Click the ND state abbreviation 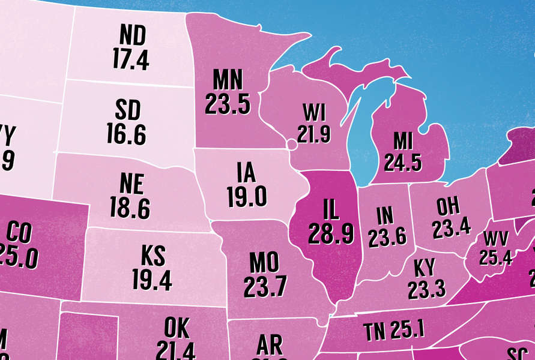coord(133,37)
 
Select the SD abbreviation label coord(127,112)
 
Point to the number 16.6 coord(126,135)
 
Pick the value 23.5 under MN coord(227,104)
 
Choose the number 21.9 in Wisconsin coord(313,134)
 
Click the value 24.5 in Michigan coord(404,163)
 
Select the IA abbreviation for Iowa coord(245,174)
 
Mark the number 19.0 coord(246,197)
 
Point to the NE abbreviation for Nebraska coord(131,184)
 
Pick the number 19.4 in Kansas coord(152,279)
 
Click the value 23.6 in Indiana coord(387,238)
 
